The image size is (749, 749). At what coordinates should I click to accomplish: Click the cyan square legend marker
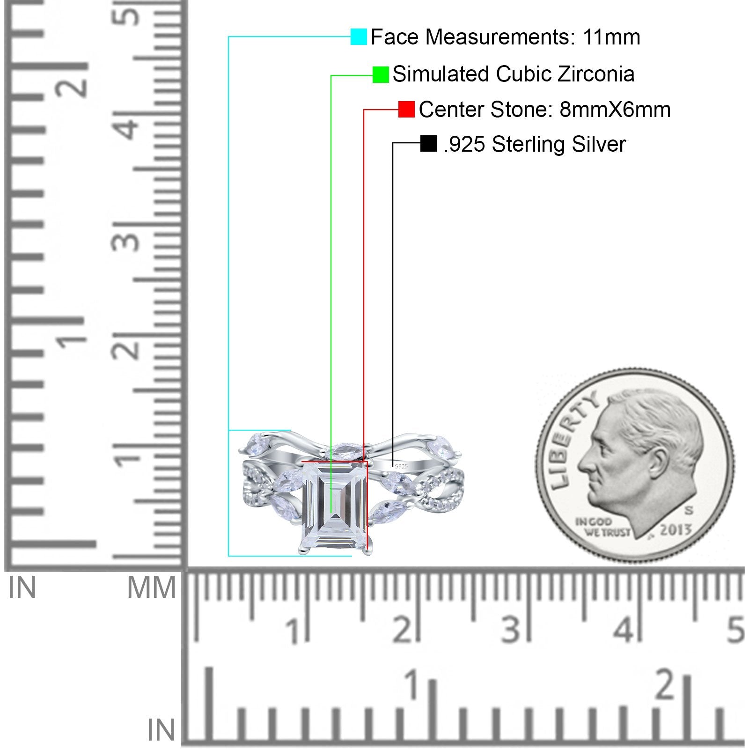coord(359,37)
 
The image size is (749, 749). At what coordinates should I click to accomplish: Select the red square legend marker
coord(406,110)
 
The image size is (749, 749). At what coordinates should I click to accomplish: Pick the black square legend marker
coord(428,144)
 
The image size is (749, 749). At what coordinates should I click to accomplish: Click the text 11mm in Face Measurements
coord(611,37)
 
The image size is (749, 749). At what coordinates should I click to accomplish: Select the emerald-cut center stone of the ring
coord(334,506)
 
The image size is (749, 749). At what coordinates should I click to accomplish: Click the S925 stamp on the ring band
coord(402,466)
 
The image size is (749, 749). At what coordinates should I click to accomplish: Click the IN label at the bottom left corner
coord(161,730)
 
